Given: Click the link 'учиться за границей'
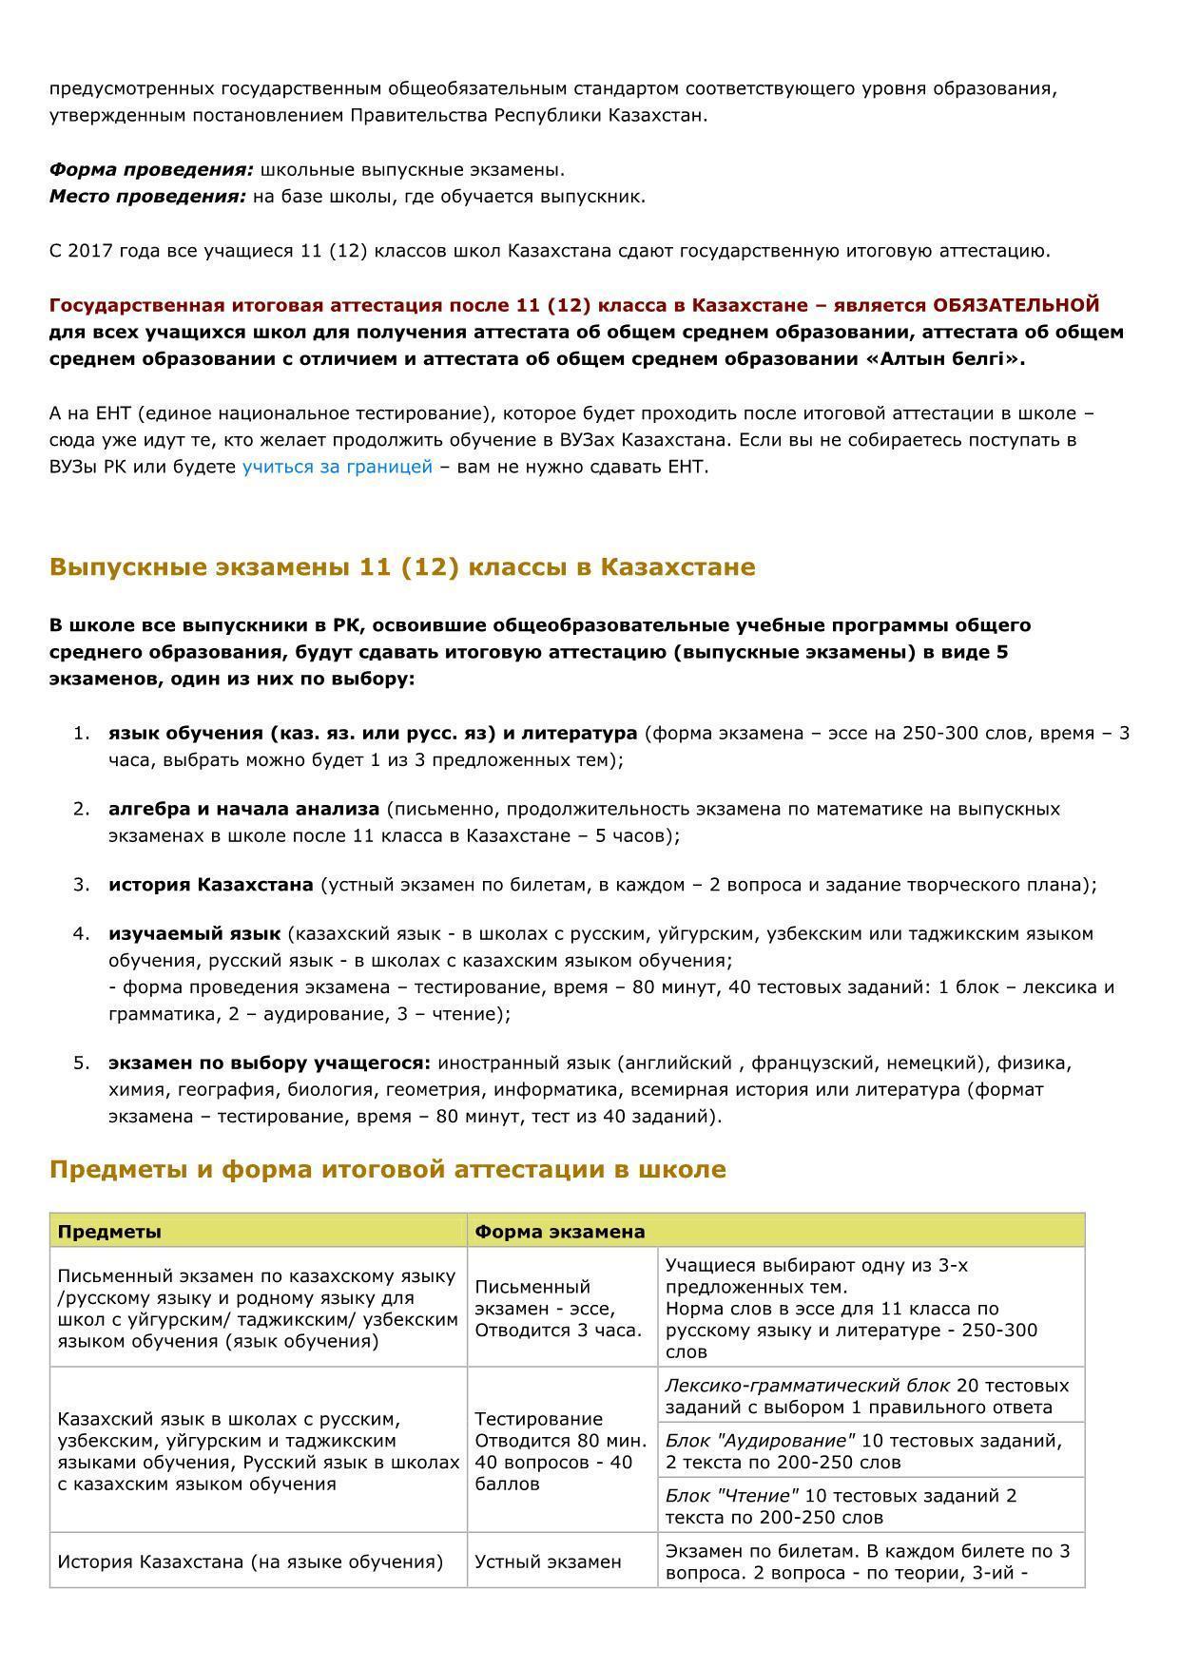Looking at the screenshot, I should click(x=337, y=467).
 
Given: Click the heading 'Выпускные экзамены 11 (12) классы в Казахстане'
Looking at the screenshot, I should click(x=402, y=567).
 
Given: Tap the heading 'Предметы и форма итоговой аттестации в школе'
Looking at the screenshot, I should click(x=387, y=1169).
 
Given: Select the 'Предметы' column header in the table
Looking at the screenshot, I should click(x=109, y=1232).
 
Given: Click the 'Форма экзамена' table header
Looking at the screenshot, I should click(x=559, y=1232).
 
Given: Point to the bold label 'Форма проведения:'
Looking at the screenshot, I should click(x=151, y=170).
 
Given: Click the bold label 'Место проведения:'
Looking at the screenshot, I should click(x=147, y=197).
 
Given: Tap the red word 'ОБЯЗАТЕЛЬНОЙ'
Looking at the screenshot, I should click(x=1016, y=305).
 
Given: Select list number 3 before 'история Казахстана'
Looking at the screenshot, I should click(x=81, y=885).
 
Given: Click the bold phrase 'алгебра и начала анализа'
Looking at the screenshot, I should click(x=243, y=809).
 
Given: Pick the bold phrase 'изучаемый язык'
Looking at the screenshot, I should click(x=194, y=933).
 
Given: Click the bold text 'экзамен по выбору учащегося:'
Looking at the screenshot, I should click(x=269, y=1063).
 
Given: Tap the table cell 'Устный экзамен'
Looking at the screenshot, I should click(x=548, y=1562).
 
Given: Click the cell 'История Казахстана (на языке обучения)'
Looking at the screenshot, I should click(x=250, y=1562).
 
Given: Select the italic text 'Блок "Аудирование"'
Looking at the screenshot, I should click(x=760, y=1441).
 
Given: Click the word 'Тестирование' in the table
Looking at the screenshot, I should click(x=538, y=1419).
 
